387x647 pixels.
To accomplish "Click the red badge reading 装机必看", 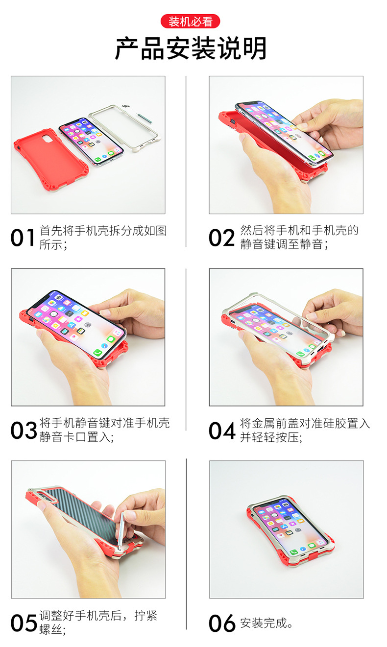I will tap(191, 22).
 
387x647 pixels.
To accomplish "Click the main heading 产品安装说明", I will tap(191, 48).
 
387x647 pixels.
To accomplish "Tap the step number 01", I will tap(23, 238).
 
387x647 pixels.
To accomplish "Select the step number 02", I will tap(222, 238).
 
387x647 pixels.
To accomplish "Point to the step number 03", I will tap(24, 431).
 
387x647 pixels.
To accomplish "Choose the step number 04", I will tap(222, 431).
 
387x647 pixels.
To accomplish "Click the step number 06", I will tap(222, 623).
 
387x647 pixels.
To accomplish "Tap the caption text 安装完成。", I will tap(267, 623).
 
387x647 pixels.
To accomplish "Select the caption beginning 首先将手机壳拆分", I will tap(103, 237).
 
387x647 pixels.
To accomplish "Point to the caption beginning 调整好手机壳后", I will tap(98, 623).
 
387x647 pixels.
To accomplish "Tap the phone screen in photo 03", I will tap(76, 321).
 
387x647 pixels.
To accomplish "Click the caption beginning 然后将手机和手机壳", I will tap(299, 237).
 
